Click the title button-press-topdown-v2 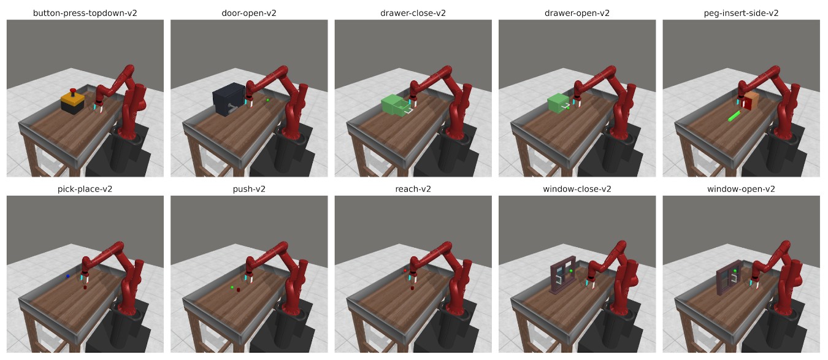pyautogui.click(x=85, y=13)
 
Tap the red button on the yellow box pyautogui.click(x=73, y=91)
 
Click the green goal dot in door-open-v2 pyautogui.click(x=268, y=100)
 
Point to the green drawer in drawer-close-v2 pyautogui.click(x=396, y=105)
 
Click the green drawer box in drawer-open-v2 pyautogui.click(x=558, y=104)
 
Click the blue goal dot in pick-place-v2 pyautogui.click(x=67, y=276)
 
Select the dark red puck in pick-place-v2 pyautogui.click(x=85, y=287)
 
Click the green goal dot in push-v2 pyautogui.click(x=232, y=287)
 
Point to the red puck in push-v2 pyautogui.click(x=239, y=289)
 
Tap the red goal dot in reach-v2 pyautogui.click(x=405, y=270)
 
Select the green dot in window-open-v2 pyautogui.click(x=735, y=271)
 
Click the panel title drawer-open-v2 pyautogui.click(x=577, y=13)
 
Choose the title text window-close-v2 pyautogui.click(x=577, y=190)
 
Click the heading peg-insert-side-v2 pyautogui.click(x=741, y=13)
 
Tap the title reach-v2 pyautogui.click(x=413, y=190)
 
